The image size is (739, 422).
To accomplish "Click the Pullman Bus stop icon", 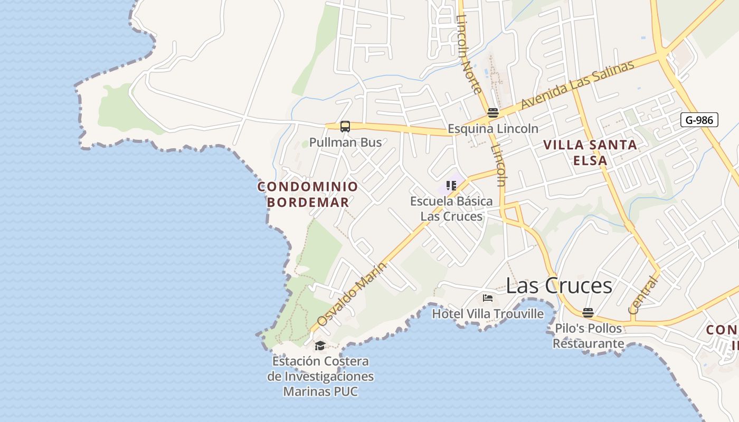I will click(x=345, y=127).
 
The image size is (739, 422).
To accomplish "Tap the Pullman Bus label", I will click(x=345, y=142).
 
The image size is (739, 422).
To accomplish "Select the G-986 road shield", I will click(x=699, y=120).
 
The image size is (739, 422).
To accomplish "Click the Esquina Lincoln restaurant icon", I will click(x=493, y=112).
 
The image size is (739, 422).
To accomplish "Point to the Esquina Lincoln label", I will click(x=493, y=128).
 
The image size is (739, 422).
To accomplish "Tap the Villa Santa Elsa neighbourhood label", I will click(x=590, y=152).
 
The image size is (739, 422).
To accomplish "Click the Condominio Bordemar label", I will click(x=308, y=194).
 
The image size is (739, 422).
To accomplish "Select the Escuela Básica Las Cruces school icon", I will click(x=451, y=185).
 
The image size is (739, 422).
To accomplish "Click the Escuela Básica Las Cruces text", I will click(x=451, y=208).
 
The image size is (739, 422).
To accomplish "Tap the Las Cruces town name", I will click(x=559, y=285).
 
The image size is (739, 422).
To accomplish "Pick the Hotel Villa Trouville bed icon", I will click(x=488, y=298).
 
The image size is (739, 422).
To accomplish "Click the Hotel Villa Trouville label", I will click(x=488, y=314).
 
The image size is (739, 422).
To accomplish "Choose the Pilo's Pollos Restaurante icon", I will click(x=588, y=312).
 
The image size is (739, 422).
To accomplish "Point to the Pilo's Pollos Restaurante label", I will click(x=589, y=336).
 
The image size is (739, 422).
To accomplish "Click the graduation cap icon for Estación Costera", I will click(x=320, y=346).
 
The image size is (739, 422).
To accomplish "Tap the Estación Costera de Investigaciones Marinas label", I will click(x=320, y=376).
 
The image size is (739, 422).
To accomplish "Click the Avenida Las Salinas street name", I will click(x=577, y=85).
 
